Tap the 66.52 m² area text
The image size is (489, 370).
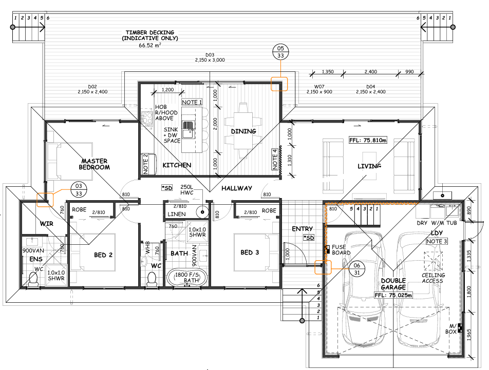pyautogui.click(x=150, y=45)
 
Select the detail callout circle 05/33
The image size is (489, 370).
pyautogui.click(x=280, y=52)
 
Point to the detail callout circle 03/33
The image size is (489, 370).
pyautogui.click(x=79, y=190)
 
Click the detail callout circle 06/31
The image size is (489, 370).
pyautogui.click(x=357, y=269)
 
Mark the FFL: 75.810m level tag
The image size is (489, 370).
pyautogui.click(x=368, y=140)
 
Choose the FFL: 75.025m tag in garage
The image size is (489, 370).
pyautogui.click(x=393, y=295)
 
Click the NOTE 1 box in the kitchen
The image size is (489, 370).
pyautogui.click(x=192, y=102)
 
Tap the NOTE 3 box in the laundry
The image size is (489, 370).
pyautogui.click(x=437, y=241)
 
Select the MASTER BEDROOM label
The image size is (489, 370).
pyautogui.click(x=94, y=164)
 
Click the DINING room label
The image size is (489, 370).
pyautogui.click(x=243, y=131)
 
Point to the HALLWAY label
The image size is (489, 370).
pyautogui.click(x=237, y=188)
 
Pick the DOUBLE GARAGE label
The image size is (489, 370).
pyautogui.click(x=393, y=284)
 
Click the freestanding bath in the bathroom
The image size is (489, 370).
pyautogui.click(x=187, y=278)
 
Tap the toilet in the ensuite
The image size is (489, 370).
pyautogui.click(x=33, y=279)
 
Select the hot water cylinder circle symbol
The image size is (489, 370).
pyautogui.click(x=202, y=212)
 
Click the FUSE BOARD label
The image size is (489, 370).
pyautogui.click(x=341, y=250)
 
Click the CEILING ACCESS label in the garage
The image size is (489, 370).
pyautogui.click(x=433, y=278)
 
